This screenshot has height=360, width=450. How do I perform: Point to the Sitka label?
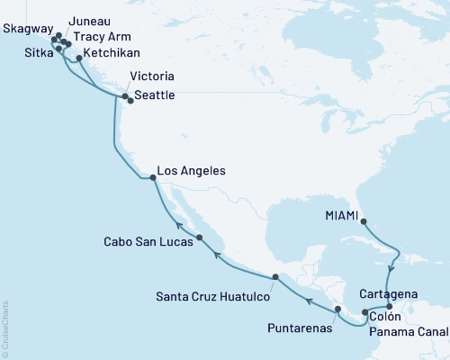pos(26,52)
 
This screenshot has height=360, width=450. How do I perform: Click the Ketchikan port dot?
pos(79,58)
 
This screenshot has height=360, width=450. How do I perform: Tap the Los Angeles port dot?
pos(153,178)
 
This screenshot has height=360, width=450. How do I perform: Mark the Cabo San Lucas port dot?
pos(199,238)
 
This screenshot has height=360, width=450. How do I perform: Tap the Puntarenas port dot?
pos(338,309)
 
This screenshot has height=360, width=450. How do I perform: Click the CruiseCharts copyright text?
pos(4,329)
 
